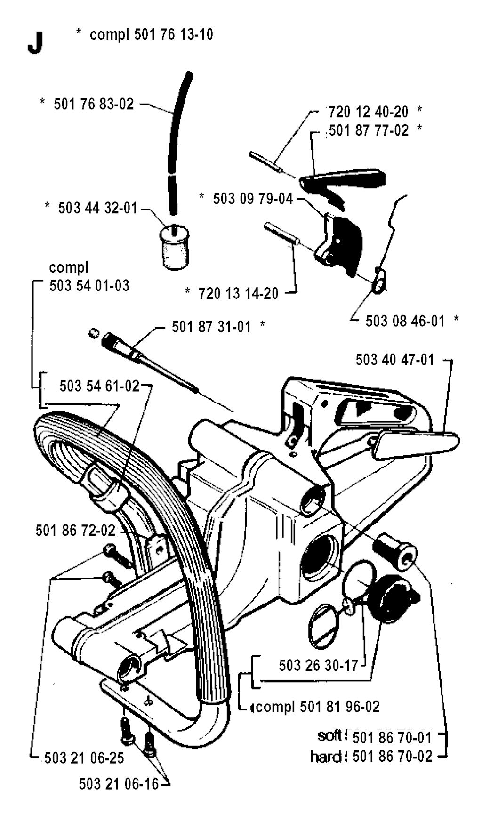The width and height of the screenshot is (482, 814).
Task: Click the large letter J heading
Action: [x=35, y=43]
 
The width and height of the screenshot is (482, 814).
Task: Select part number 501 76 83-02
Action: [x=94, y=104]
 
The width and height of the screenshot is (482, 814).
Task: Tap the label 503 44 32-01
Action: [x=97, y=208]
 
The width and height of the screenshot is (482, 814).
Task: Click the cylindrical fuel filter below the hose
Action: [x=175, y=247]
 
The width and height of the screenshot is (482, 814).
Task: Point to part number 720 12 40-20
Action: [x=368, y=112]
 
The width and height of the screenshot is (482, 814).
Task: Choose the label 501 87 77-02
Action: [x=369, y=130]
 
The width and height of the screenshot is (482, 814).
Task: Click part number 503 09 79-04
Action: [x=253, y=199]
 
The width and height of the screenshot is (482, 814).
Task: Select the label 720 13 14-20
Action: [x=238, y=293]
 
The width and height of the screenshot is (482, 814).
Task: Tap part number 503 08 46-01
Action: [x=405, y=321]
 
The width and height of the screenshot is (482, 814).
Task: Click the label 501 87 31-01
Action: [x=211, y=327]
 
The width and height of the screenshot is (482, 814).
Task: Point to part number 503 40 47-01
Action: [x=395, y=360]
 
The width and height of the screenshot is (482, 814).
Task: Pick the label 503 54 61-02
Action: [x=99, y=386]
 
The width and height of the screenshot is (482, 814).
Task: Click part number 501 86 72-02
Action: [x=75, y=531]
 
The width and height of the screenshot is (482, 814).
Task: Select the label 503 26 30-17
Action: [x=318, y=665]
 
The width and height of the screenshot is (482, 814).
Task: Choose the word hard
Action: [x=326, y=757]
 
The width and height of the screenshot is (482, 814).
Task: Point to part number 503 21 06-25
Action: [x=84, y=758]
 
